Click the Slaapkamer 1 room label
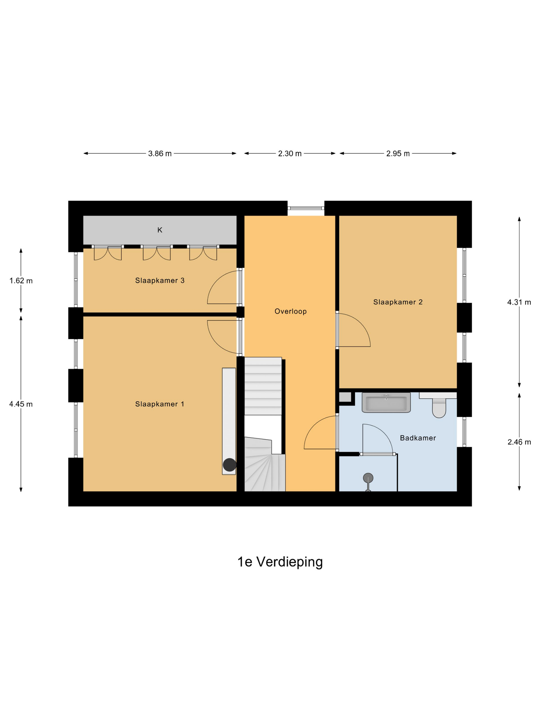159,404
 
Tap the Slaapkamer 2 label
398,302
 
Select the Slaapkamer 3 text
159,280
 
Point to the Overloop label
290,311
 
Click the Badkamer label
418,438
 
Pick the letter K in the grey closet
159,230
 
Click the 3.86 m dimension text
159,154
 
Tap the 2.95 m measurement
398,154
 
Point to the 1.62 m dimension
21,281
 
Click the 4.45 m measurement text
21,404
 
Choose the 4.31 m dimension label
519,302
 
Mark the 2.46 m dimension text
519,442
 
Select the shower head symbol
368,478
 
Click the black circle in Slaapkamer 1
229,464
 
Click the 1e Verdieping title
280,562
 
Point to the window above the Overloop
306,208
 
